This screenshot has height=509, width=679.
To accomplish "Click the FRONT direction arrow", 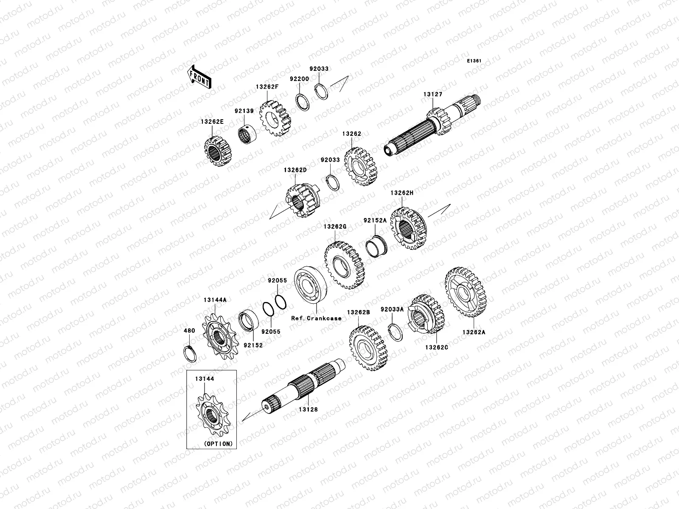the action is (x=199, y=77).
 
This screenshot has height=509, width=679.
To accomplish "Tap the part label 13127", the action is (x=433, y=94).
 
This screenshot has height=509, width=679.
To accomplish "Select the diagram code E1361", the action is (x=474, y=61).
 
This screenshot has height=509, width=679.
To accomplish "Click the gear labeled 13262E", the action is (x=218, y=151).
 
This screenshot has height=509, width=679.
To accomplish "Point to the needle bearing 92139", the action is (x=247, y=134).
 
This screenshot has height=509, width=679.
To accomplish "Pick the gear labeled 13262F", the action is (x=275, y=118).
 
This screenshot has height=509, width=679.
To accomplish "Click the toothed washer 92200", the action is (x=302, y=102).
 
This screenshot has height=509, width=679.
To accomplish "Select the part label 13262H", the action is (x=402, y=193).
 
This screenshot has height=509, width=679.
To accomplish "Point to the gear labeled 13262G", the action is (x=344, y=265).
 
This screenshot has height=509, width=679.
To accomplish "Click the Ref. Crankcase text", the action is (x=316, y=318).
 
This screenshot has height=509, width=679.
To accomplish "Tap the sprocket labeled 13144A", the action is (x=220, y=336).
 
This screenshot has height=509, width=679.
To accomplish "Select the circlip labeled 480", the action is (x=190, y=354).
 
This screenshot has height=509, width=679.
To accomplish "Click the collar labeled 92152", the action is (x=248, y=320).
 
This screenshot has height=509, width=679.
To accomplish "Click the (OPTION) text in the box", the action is (x=218, y=444).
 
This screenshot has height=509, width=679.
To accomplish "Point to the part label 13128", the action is (x=308, y=409).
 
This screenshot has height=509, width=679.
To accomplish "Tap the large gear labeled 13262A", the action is (x=465, y=292).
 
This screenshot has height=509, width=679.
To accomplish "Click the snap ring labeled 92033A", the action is (x=396, y=332).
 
